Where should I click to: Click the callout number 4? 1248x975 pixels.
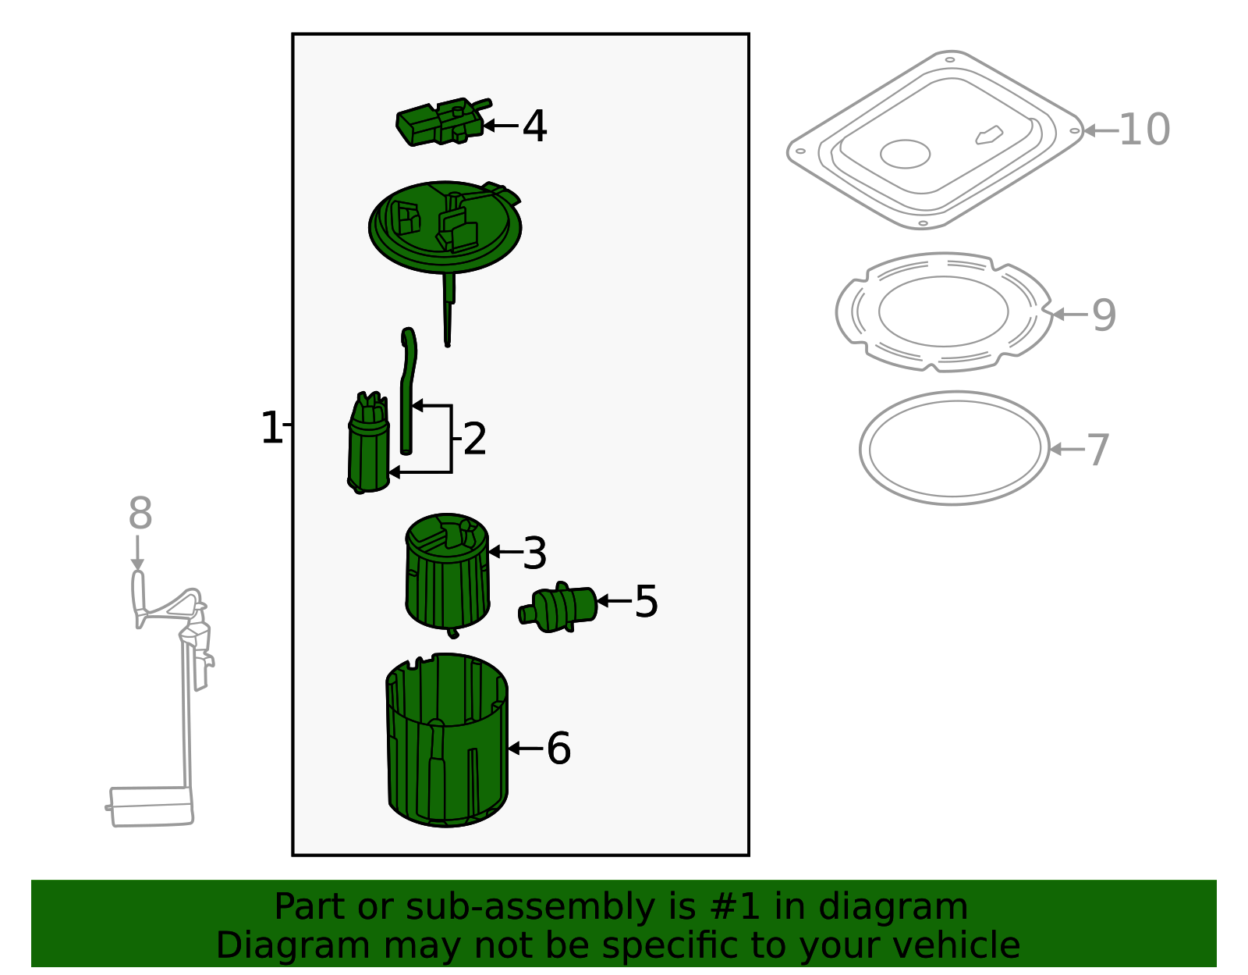coord(534,126)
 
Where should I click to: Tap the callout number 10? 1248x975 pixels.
coord(1144,130)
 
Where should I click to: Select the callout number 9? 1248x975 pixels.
coord(1104,315)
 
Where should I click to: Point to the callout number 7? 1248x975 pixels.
coord(1098,450)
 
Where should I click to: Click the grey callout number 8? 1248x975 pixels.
coord(140,514)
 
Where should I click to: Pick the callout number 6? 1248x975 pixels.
coord(558,749)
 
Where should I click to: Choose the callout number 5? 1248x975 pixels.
coord(646,602)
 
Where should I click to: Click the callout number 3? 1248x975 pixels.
coord(535,553)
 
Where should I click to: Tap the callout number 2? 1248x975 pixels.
coord(475,439)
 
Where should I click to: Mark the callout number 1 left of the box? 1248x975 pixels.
coord(271,429)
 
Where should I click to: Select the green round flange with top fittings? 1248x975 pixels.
coord(445,227)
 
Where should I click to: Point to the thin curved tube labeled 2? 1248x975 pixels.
coord(407,390)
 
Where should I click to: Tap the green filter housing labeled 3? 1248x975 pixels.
coord(448,574)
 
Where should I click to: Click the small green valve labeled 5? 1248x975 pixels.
coord(560,607)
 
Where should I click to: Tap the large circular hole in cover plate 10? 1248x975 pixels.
coord(905,154)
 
